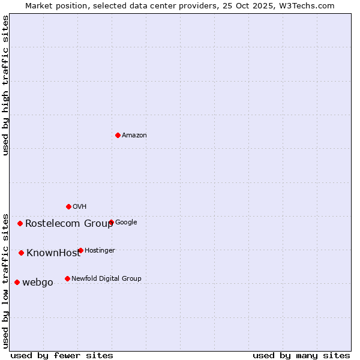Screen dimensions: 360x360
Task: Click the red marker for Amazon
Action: click(x=118, y=135)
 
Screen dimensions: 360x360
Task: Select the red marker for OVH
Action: click(x=68, y=206)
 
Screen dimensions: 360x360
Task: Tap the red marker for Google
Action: click(x=111, y=222)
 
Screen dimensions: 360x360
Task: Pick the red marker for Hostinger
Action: click(x=80, y=250)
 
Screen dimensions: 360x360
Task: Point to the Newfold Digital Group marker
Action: click(x=67, y=278)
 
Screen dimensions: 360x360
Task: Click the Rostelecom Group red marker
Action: click(x=20, y=223)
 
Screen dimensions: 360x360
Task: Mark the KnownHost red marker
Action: click(x=21, y=253)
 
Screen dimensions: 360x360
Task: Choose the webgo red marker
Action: click(x=17, y=282)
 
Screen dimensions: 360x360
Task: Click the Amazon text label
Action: click(x=134, y=136)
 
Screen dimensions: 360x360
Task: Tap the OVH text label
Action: click(x=80, y=207)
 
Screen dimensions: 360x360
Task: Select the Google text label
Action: click(x=126, y=223)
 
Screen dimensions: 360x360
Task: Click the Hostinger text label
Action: click(x=100, y=251)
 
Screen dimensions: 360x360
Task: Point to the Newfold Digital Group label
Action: click(x=106, y=279)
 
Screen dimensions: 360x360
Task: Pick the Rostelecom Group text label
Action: click(x=69, y=224)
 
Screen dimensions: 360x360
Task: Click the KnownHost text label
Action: click(x=53, y=253)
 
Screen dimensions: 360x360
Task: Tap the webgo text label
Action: click(x=38, y=283)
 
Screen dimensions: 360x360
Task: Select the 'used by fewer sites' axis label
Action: click(x=62, y=355)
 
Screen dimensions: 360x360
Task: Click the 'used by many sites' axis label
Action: click(x=301, y=355)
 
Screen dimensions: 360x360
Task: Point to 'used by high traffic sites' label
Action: click(x=5, y=85)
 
